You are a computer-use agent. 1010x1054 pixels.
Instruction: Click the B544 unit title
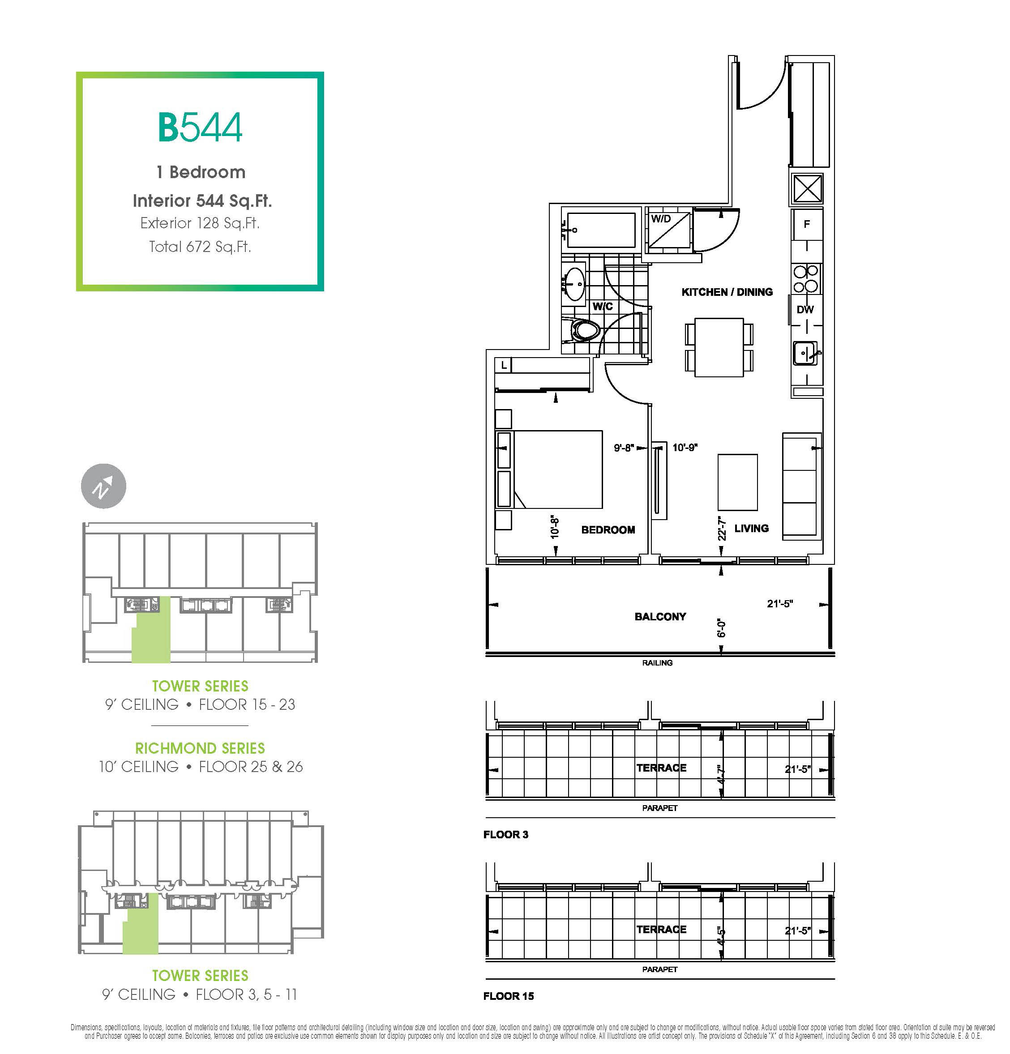tap(200, 127)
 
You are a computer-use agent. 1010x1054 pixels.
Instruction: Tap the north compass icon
tap(103, 486)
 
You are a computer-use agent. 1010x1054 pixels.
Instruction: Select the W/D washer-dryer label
tap(660, 219)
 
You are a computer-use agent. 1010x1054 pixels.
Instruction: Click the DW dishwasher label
tap(805, 309)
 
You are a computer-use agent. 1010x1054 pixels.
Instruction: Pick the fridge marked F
tap(807, 224)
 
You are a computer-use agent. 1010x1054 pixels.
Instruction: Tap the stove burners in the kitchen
tap(806, 278)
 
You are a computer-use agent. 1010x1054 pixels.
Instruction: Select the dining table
tap(719, 347)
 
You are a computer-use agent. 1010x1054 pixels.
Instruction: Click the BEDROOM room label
tap(608, 530)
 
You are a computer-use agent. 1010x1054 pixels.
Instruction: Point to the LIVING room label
tap(751, 528)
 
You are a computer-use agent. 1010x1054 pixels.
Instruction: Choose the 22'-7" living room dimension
tap(722, 529)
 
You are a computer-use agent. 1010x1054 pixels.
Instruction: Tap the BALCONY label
tap(660, 617)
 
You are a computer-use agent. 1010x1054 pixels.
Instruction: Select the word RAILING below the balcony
tap(657, 662)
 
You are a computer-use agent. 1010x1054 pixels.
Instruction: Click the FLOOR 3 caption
tap(505, 834)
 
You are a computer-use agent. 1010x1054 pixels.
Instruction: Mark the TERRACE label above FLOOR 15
tap(661, 929)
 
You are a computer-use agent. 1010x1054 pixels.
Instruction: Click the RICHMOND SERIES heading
tap(200, 748)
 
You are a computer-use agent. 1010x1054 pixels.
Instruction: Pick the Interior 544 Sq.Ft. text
tap(202, 201)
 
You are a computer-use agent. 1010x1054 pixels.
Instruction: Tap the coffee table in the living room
tap(737, 482)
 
